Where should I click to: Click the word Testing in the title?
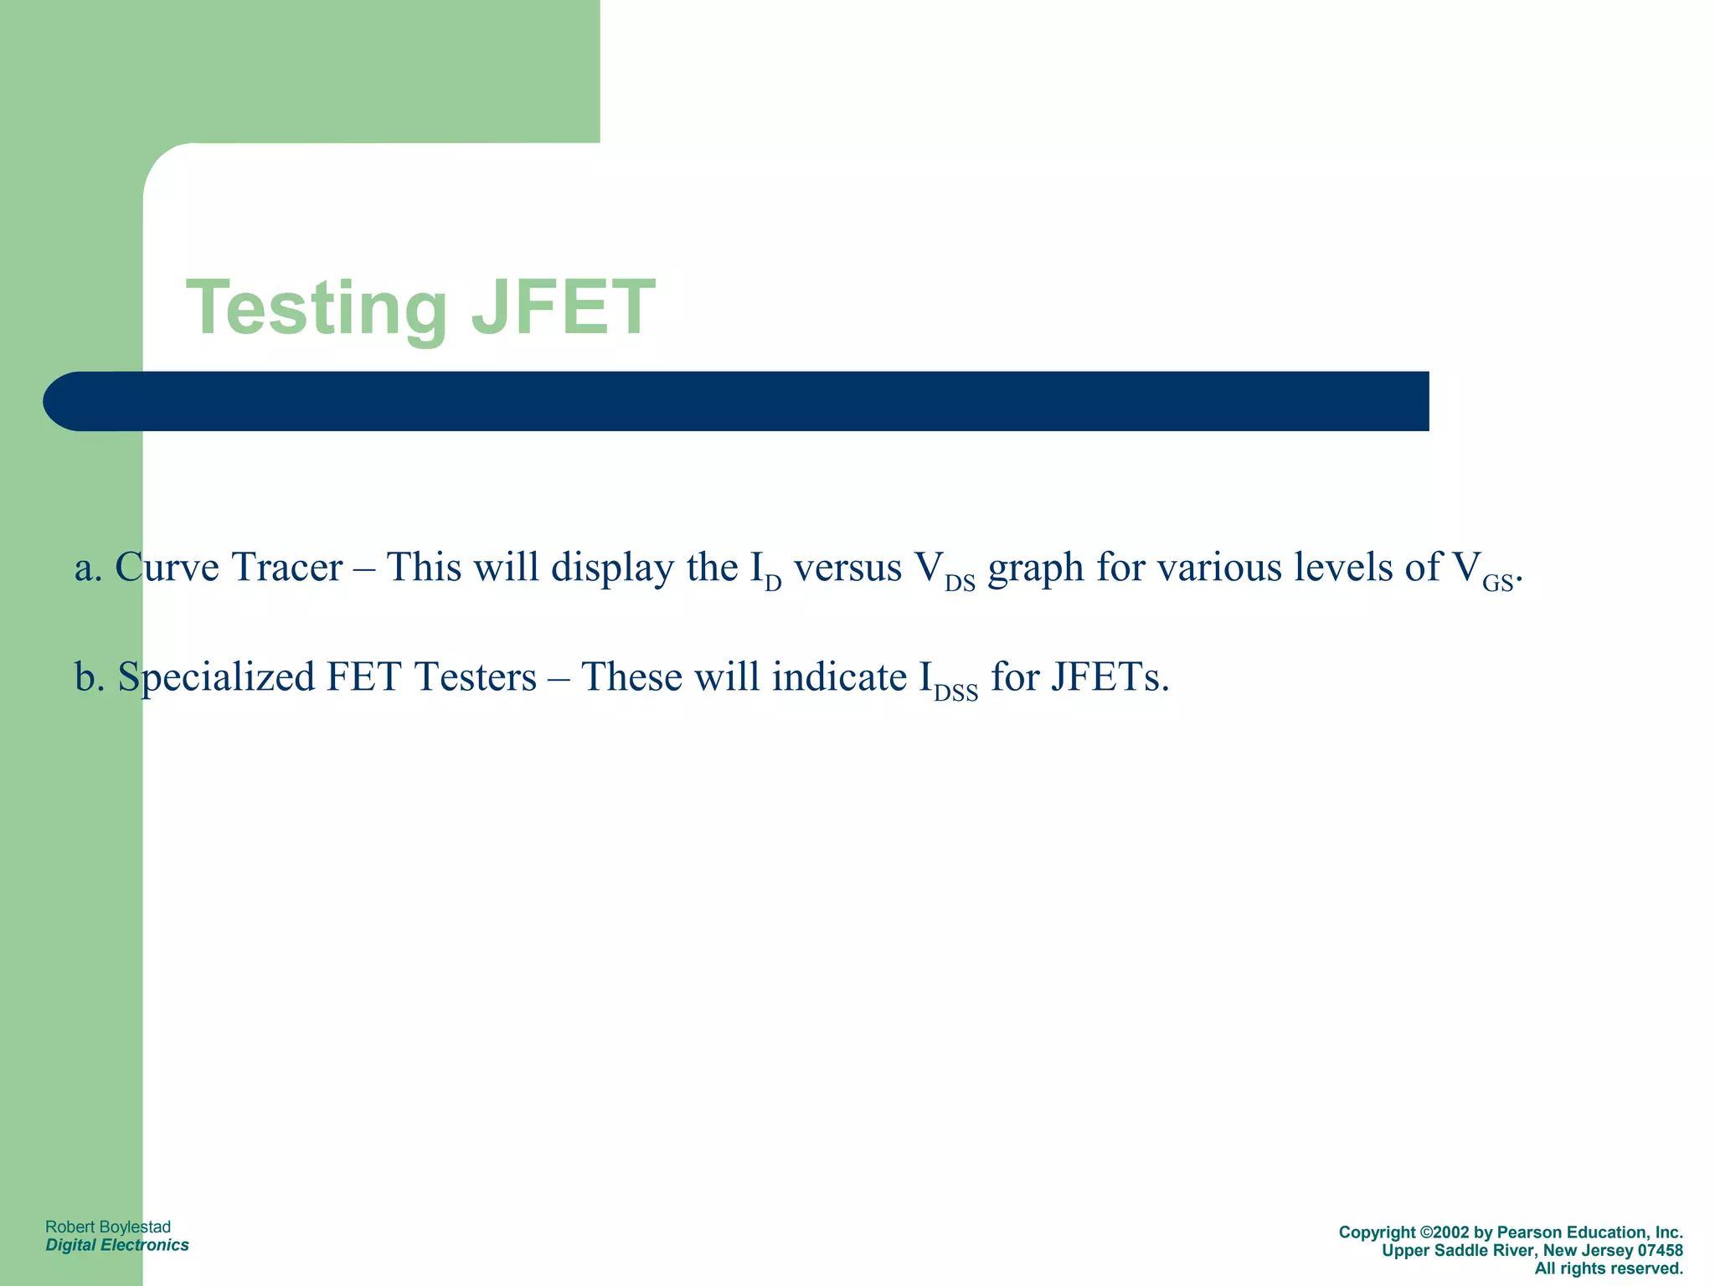[317, 308]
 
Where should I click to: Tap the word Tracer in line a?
[286, 568]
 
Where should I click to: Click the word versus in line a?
[847, 568]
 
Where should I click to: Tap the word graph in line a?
[1036, 569]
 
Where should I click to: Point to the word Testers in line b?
[474, 676]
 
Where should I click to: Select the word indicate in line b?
[839, 676]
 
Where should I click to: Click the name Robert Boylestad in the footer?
[108, 1227]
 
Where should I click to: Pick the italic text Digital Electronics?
[117, 1245]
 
